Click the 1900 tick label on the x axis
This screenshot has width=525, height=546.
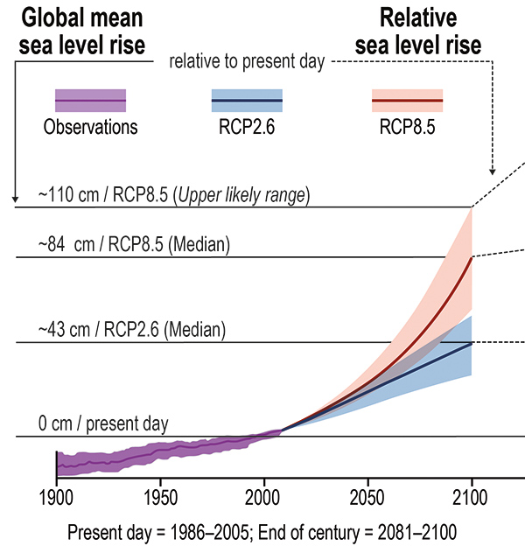56,496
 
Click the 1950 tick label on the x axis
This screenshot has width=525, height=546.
160,496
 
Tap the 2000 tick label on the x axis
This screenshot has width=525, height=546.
263,496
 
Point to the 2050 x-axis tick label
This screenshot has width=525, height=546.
367,496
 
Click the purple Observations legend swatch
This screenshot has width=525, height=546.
91,101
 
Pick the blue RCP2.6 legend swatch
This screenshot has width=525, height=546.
247,101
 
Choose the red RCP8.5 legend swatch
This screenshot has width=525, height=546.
407,101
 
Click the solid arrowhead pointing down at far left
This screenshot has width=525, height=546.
16,201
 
